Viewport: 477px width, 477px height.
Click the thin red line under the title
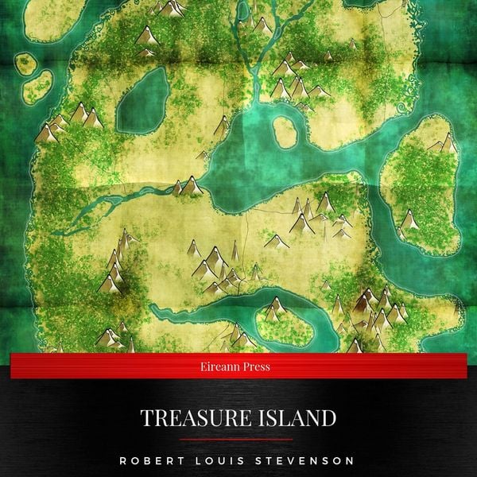pyautogui.click(x=238, y=437)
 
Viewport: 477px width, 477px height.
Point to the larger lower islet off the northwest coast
pyautogui.click(x=39, y=83)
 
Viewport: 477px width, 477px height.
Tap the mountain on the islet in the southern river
pyautogui.click(x=276, y=305)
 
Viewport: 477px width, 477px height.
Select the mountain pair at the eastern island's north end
pyautogui.click(x=443, y=143)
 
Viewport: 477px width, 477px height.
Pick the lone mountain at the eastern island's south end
pyautogui.click(x=409, y=219)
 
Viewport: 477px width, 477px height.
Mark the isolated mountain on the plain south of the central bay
pyautogui.click(x=276, y=240)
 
